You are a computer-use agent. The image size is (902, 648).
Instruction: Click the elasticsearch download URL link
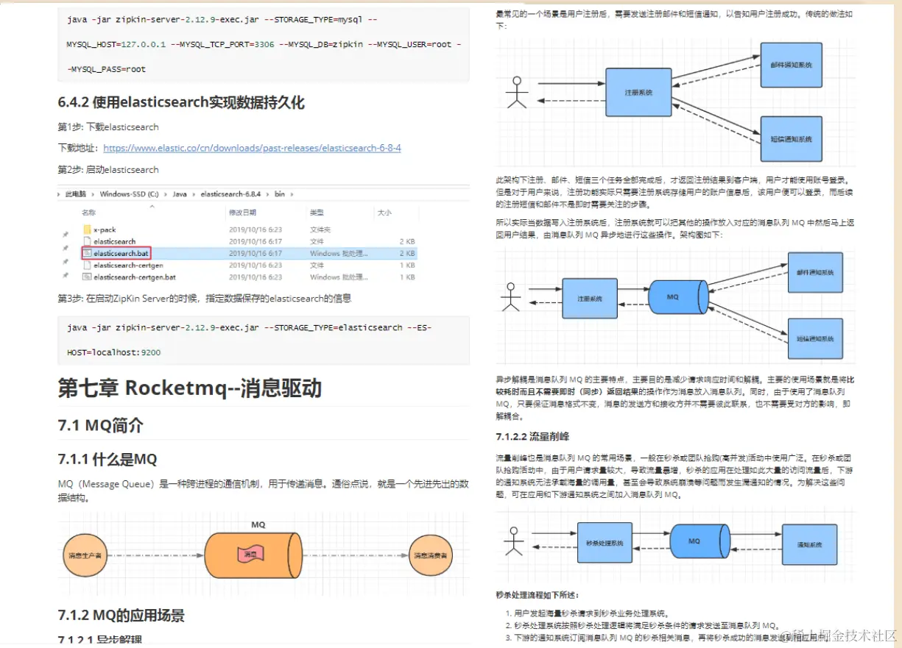(252, 148)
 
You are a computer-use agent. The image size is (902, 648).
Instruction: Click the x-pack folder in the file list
(105, 229)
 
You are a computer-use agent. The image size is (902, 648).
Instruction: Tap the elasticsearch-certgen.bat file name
(134, 277)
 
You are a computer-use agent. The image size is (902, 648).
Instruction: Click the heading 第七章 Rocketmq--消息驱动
(190, 388)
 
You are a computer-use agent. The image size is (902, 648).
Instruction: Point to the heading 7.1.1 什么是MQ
(108, 460)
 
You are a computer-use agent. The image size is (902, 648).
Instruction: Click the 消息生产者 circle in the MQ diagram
(84, 555)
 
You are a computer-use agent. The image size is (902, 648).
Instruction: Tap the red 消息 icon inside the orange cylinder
(250, 554)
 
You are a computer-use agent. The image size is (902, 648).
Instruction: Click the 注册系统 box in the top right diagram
(638, 93)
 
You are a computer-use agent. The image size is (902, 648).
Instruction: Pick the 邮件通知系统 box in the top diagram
(791, 65)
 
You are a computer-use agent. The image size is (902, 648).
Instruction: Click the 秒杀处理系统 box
(605, 543)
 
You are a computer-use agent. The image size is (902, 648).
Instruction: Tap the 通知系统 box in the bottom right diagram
(808, 544)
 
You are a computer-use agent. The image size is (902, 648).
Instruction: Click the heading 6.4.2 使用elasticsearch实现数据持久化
(181, 102)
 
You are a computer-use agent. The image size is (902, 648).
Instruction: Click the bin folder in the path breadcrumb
(280, 194)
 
